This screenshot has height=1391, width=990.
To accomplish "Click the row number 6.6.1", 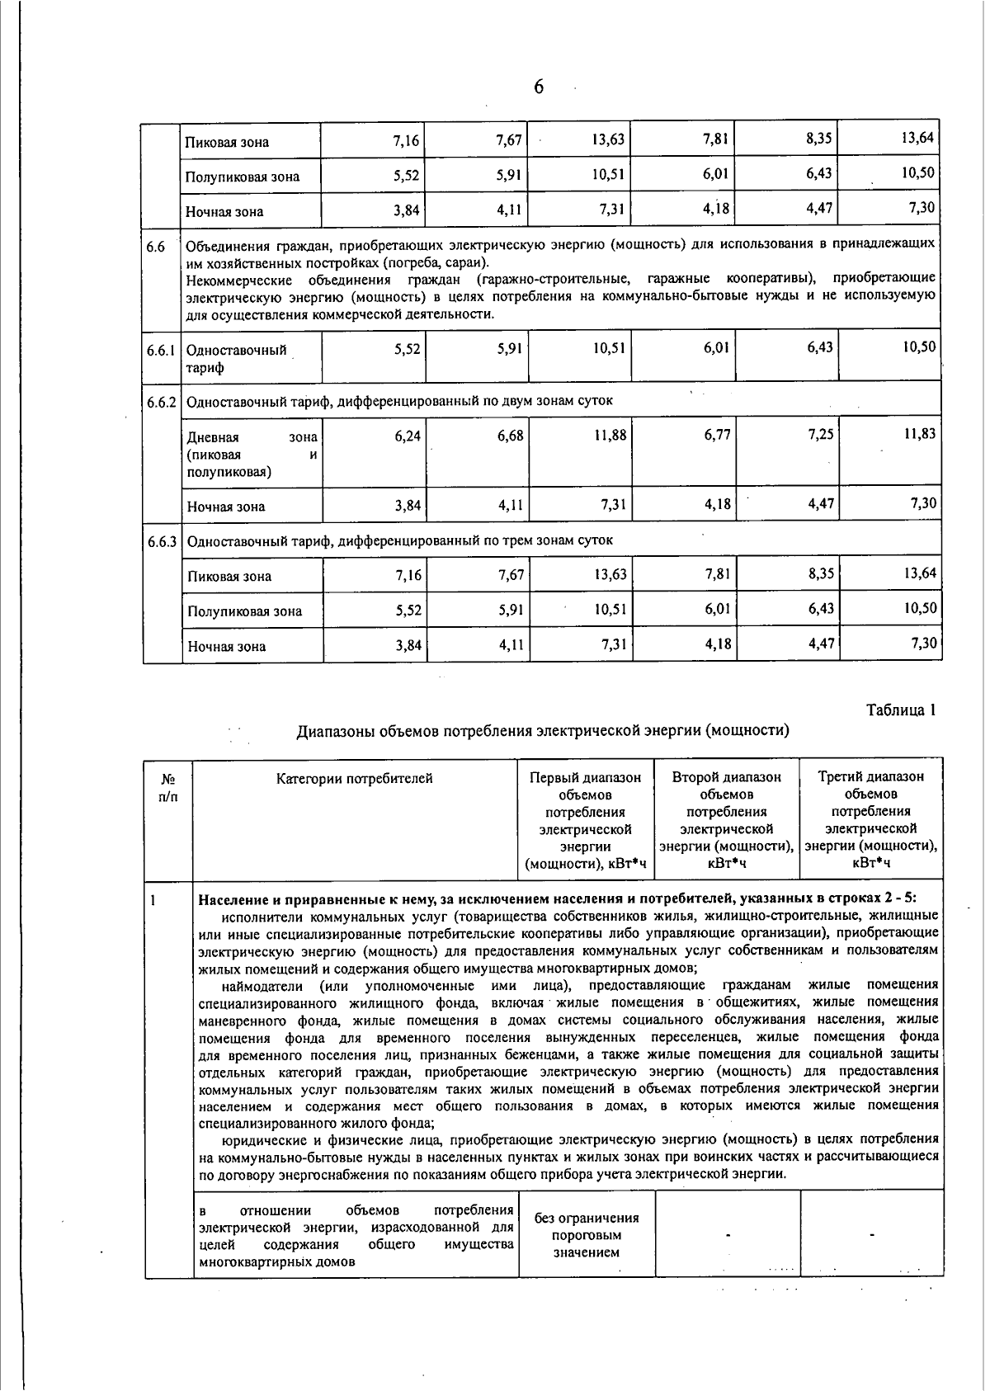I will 161,350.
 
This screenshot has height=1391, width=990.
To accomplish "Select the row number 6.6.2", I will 162,402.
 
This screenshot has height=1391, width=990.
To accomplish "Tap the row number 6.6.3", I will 163,541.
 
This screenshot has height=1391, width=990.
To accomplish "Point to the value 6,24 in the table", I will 408,435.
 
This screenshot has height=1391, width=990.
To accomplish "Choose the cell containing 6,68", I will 510,435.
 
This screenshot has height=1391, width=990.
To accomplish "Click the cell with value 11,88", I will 610,435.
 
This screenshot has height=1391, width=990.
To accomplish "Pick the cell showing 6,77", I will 717,435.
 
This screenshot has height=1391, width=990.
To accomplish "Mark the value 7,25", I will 820,435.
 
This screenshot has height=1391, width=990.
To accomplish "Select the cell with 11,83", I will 919,433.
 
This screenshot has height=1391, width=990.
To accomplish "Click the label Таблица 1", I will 901,710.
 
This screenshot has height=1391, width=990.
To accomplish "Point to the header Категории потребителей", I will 354,778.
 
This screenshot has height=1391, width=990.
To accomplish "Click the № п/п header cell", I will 167,787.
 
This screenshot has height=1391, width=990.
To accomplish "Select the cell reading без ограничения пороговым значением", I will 586,1234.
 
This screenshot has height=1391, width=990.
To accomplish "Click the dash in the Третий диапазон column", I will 871,1235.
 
